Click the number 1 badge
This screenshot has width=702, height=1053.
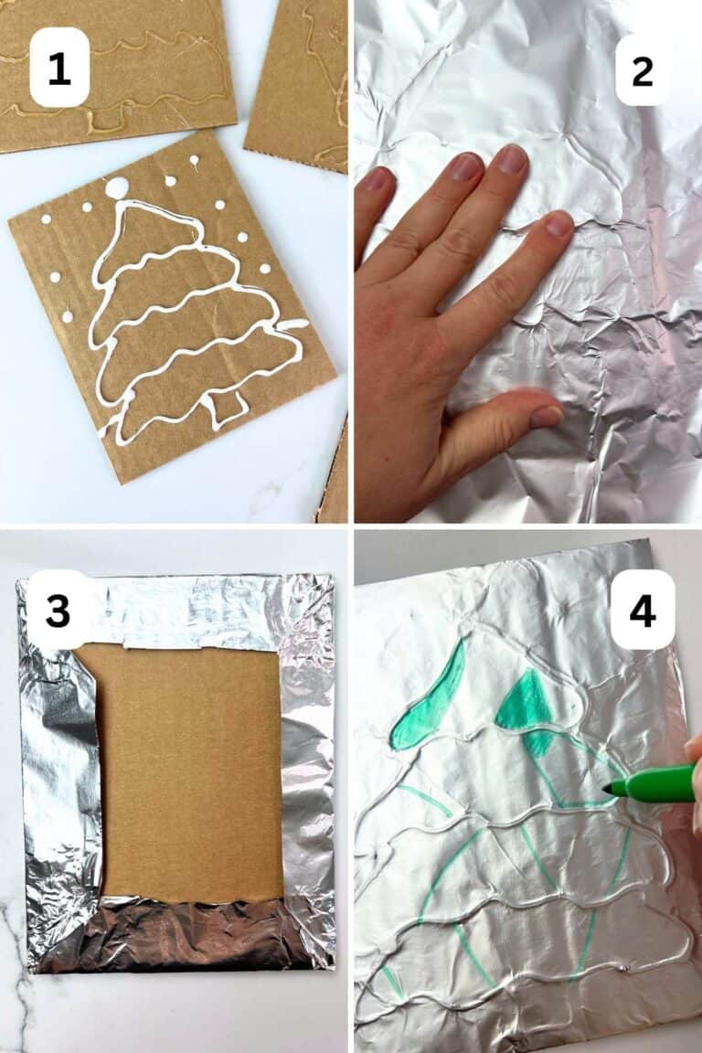click(59, 68)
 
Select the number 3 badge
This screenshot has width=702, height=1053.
click(58, 610)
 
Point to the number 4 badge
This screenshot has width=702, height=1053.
click(643, 610)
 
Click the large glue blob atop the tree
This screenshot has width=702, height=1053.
click(117, 188)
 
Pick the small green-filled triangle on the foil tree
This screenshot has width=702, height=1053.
click(524, 701)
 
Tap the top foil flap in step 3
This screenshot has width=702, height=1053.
click(210, 608)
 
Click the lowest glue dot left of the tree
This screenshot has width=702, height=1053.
click(68, 316)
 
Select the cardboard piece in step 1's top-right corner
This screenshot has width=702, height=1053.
click(299, 82)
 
